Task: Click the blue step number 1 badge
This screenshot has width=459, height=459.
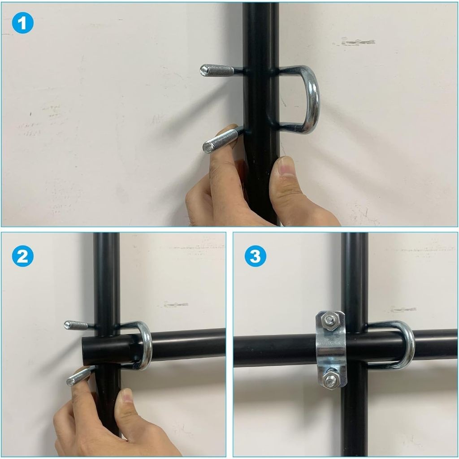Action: [23, 23]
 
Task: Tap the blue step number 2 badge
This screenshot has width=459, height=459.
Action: [23, 256]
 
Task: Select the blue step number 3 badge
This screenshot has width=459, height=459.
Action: [255, 256]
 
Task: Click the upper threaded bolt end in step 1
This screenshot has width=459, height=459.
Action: [217, 70]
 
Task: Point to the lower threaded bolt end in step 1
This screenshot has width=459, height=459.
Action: [220, 141]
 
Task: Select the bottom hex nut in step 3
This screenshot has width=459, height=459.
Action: [330, 380]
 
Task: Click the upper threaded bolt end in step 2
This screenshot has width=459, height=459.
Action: [76, 325]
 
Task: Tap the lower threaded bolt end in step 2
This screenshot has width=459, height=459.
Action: [79, 377]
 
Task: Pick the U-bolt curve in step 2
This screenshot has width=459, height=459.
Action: [146, 346]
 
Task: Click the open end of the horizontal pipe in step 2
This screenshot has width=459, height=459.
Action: [84, 351]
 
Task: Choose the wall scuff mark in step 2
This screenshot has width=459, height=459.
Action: [176, 304]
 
